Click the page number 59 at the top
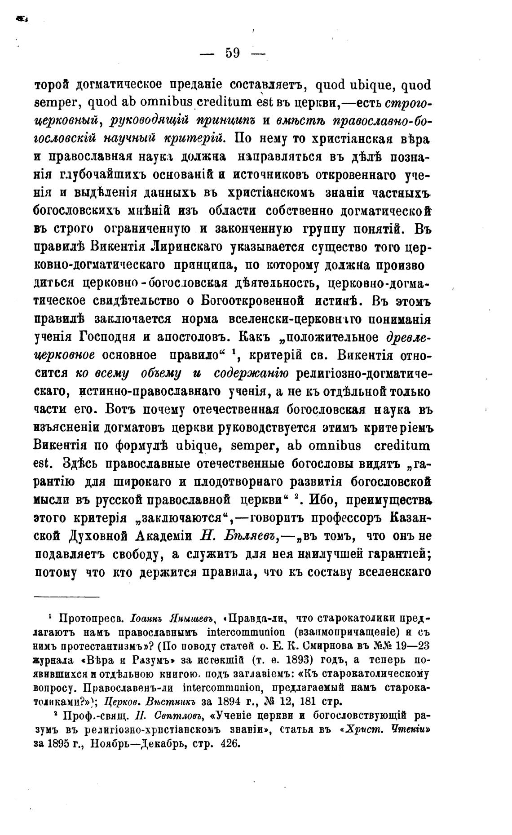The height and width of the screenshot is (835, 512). pos(233,53)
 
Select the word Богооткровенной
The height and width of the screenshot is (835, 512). pos(250,301)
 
